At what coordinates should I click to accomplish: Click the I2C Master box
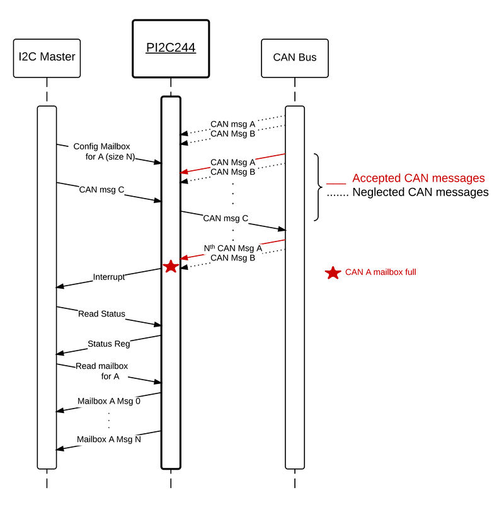pyautogui.click(x=47, y=58)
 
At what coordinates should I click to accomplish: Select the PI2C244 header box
pyautogui.click(x=171, y=49)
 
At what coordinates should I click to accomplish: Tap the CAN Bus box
pyautogui.click(x=295, y=58)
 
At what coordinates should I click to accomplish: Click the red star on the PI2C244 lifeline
pyautogui.click(x=171, y=267)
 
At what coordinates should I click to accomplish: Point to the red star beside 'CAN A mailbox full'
pyautogui.click(x=333, y=272)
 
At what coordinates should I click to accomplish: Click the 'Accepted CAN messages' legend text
pyautogui.click(x=418, y=178)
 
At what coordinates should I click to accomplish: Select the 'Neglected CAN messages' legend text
pyautogui.click(x=420, y=192)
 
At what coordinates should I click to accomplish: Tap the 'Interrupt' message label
pyautogui.click(x=109, y=277)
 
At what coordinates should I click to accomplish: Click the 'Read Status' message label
pyautogui.click(x=101, y=314)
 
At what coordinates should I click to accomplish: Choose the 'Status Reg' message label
pyautogui.click(x=109, y=344)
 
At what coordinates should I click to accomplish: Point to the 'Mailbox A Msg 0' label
pyautogui.click(x=109, y=401)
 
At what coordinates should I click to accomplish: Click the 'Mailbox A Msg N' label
pyautogui.click(x=109, y=439)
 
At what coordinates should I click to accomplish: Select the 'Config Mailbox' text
pyautogui.click(x=101, y=146)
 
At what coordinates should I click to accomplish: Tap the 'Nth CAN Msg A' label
pyautogui.click(x=233, y=248)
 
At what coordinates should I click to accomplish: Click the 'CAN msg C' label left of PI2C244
pyautogui.click(x=101, y=190)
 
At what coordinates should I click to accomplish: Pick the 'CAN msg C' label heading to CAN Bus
pyautogui.click(x=226, y=218)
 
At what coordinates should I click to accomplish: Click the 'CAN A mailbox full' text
pyautogui.click(x=381, y=272)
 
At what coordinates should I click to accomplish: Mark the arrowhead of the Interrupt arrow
pyautogui.click(x=59, y=286)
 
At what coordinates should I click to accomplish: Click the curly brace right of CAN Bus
pyautogui.click(x=318, y=187)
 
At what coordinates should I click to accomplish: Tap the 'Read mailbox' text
pyautogui.click(x=102, y=366)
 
